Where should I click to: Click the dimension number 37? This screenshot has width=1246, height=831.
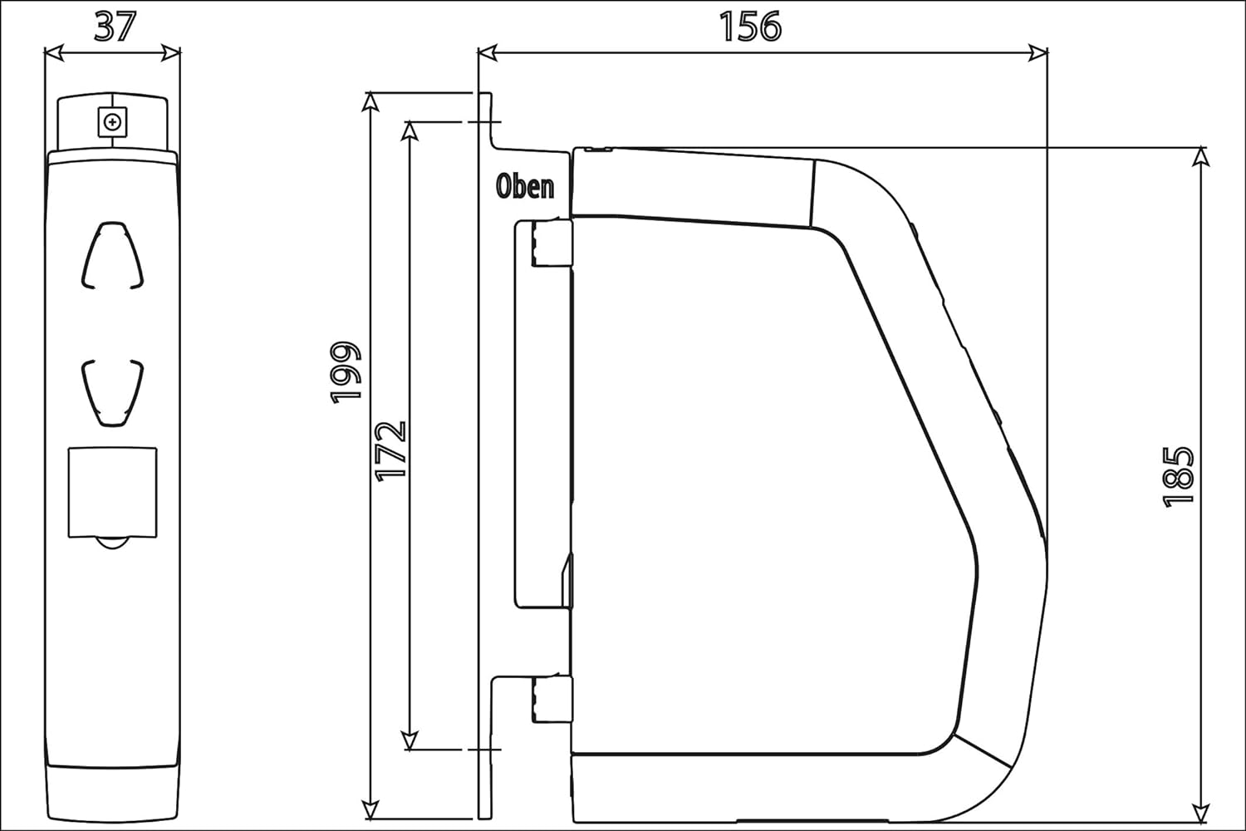[115, 26]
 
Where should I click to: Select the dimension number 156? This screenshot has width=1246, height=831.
[750, 26]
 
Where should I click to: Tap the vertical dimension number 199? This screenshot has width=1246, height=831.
[346, 372]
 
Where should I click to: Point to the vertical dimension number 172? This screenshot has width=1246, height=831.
[391, 451]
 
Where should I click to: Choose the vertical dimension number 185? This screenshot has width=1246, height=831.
[1178, 477]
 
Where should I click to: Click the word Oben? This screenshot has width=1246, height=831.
[525, 186]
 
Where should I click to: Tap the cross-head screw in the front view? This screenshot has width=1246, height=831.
[112, 122]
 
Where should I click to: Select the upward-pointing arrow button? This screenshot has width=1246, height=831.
[113, 255]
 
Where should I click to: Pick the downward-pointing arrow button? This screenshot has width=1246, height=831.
[113, 394]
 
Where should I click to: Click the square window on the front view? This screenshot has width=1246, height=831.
[112, 493]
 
